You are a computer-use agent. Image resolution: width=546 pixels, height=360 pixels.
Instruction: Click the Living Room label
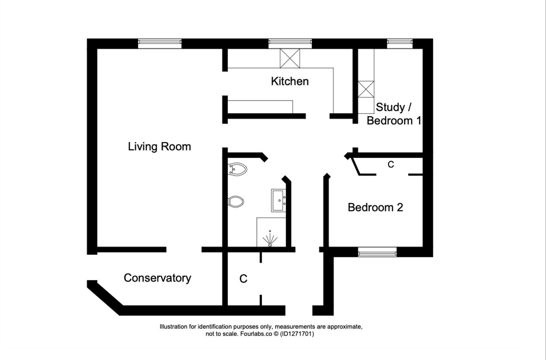[x=159, y=147]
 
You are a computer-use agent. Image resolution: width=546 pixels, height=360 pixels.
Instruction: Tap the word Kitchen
[x=290, y=81]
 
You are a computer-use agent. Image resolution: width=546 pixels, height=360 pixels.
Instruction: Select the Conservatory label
[x=157, y=278]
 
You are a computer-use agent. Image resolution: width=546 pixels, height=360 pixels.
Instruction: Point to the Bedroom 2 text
[x=375, y=207]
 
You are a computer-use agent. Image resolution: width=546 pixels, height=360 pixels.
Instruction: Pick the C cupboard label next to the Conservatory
[x=243, y=279]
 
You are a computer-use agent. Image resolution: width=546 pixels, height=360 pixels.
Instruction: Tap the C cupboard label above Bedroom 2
[x=391, y=164]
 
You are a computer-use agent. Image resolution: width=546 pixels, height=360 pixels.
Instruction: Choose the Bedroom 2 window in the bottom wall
[x=377, y=252]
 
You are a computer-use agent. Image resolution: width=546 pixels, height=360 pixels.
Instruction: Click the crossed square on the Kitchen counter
[x=290, y=58]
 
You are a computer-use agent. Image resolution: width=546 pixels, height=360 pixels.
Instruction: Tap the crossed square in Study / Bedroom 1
[x=366, y=89]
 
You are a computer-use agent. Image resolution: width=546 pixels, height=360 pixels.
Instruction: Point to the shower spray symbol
[x=270, y=238]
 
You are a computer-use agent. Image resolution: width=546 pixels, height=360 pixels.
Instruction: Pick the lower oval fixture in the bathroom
[x=236, y=202]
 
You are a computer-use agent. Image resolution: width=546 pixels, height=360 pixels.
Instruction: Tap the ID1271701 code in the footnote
[x=297, y=334]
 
